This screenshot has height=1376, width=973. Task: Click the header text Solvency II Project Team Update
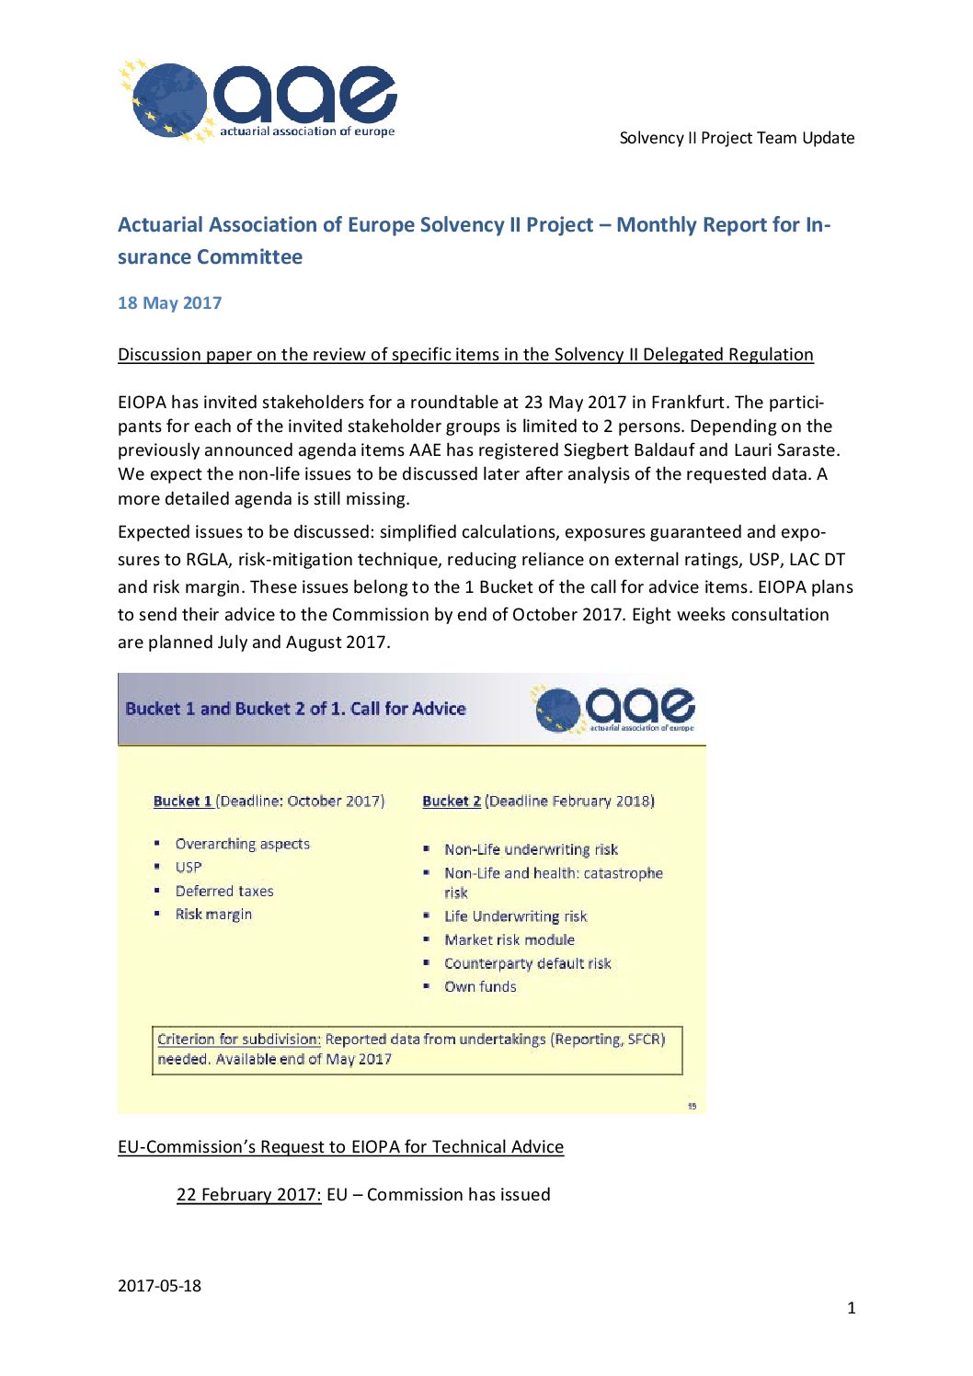(737, 138)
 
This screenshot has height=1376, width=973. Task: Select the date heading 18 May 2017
(169, 303)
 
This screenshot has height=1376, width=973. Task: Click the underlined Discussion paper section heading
(465, 355)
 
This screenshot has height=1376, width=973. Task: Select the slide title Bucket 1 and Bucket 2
(295, 709)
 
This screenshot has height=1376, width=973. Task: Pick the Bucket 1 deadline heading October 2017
(269, 801)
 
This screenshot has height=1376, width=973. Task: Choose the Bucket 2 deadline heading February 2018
(538, 801)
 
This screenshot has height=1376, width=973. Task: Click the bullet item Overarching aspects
(242, 844)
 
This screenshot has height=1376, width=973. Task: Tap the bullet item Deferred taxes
(224, 891)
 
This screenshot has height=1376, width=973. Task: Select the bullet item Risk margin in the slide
(213, 915)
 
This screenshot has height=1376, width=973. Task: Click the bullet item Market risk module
(509, 939)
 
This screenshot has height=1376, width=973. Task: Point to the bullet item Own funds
(480, 986)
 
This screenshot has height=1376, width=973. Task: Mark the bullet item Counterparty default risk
(527, 963)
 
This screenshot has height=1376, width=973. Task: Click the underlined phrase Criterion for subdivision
(238, 1040)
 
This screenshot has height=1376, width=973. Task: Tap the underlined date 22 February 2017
(248, 1195)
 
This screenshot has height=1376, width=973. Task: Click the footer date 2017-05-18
(159, 1286)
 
